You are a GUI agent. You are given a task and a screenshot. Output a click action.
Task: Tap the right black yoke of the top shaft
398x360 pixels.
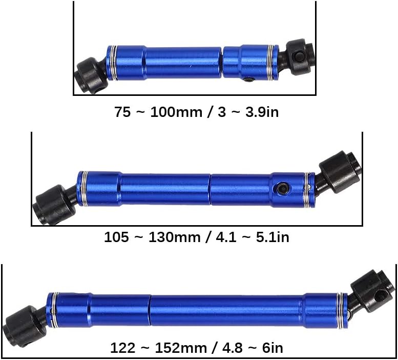300,57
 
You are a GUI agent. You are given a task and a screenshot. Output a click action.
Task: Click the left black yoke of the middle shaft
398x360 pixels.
55,205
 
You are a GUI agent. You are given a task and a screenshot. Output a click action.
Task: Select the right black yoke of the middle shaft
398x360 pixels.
338,172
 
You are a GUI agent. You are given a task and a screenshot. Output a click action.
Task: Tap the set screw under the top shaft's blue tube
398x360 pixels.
249,79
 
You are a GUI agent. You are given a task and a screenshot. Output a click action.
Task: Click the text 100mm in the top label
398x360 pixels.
176,112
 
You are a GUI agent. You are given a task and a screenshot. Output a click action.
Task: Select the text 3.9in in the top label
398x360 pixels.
262,112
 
